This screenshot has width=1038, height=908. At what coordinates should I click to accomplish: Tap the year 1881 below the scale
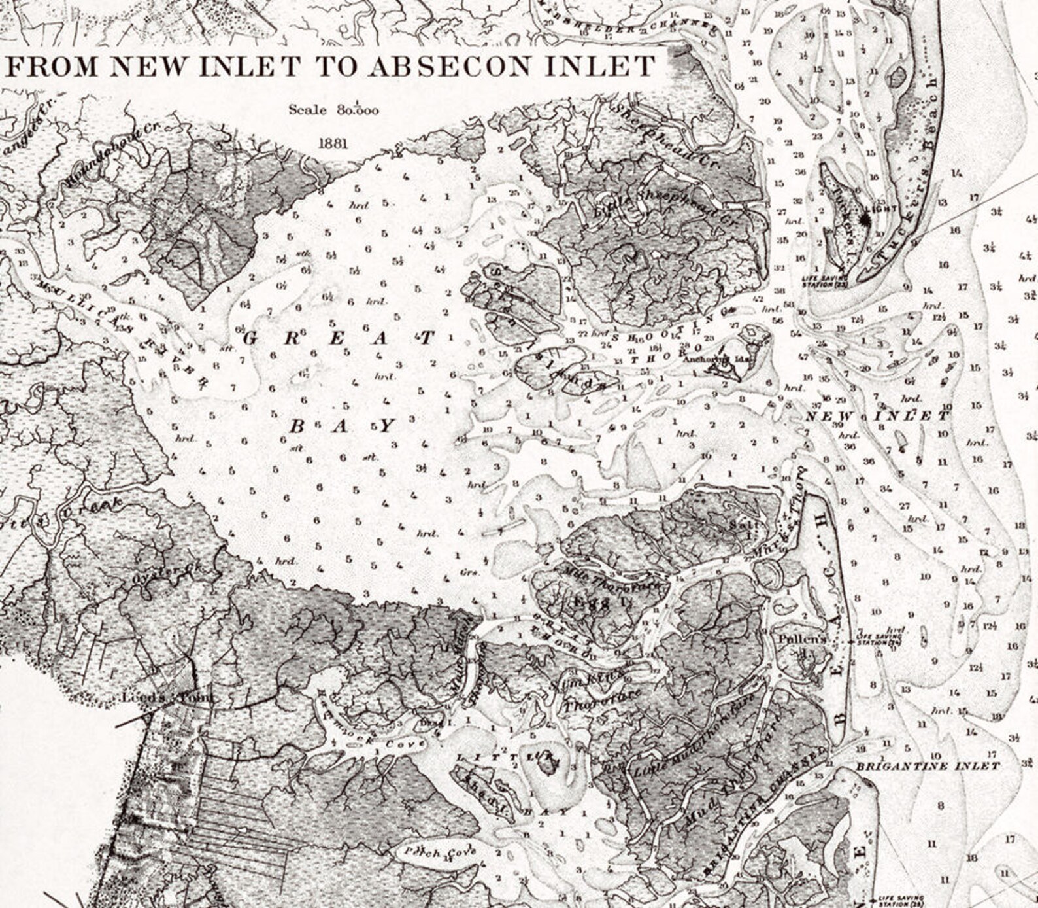(333, 143)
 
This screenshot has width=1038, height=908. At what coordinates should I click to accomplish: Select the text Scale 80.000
(333, 110)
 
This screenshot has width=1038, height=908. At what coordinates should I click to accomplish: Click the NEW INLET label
(876, 417)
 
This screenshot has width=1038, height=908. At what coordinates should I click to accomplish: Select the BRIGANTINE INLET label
(928, 766)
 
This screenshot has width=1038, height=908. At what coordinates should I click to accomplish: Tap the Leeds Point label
(168, 698)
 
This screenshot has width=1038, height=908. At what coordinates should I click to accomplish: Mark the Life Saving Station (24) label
(879, 639)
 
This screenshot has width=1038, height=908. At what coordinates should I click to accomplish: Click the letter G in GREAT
(253, 338)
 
